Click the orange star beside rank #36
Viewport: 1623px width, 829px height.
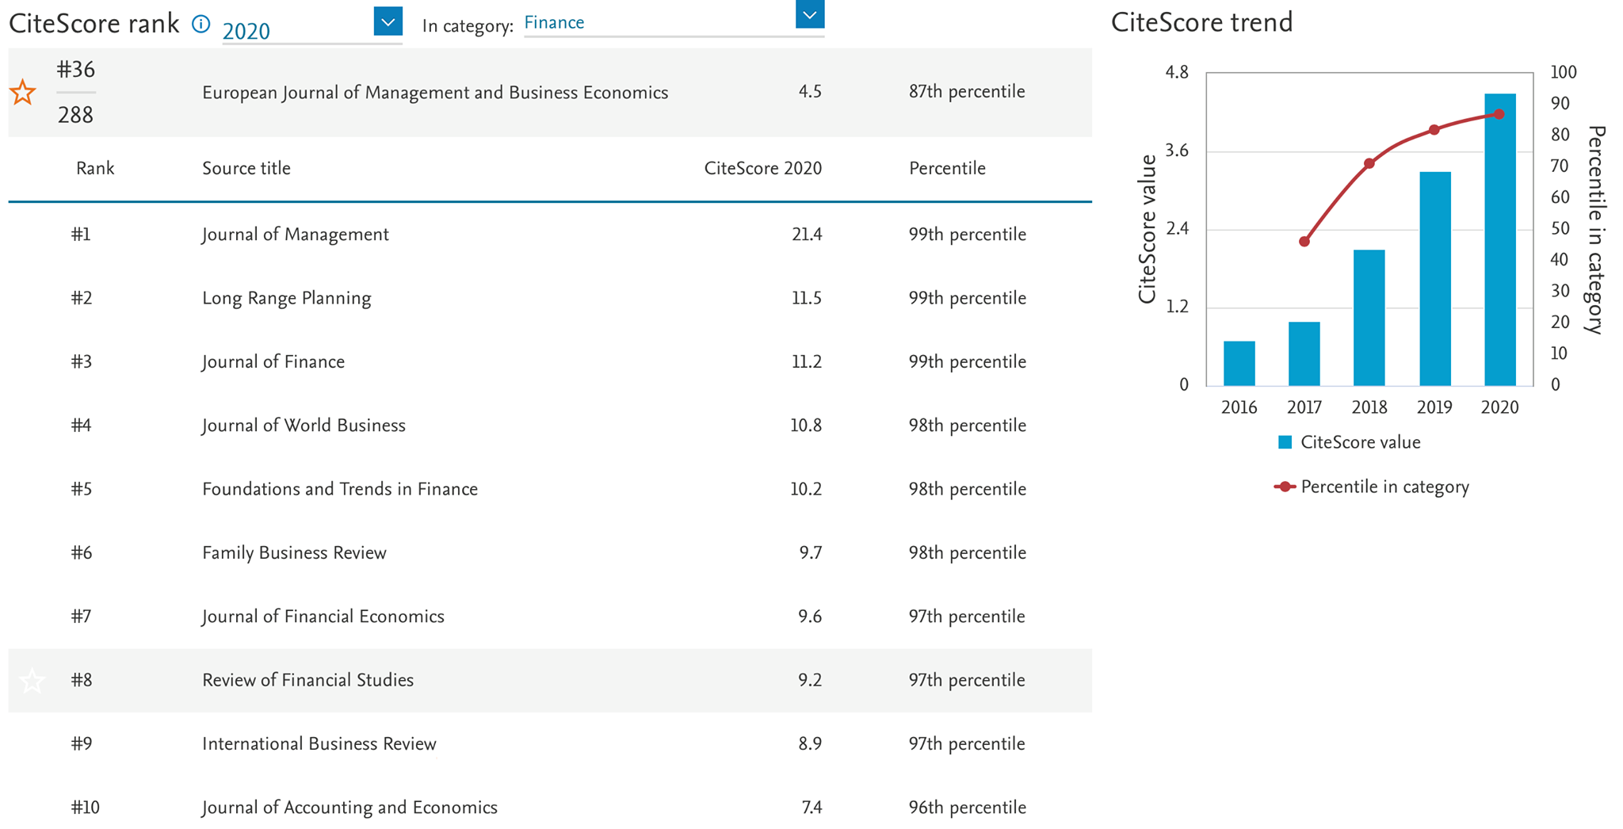tap(23, 92)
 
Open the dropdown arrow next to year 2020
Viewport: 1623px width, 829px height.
tap(388, 21)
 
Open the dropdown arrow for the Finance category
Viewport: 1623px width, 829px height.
tap(809, 14)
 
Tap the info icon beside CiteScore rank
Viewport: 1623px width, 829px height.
tap(201, 25)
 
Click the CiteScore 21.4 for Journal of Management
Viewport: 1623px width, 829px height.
tap(807, 235)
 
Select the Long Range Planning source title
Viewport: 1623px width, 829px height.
tap(286, 299)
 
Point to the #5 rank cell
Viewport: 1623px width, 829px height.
tap(81, 489)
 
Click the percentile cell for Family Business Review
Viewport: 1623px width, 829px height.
tap(967, 552)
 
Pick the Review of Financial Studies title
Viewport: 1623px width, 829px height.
tap(307, 680)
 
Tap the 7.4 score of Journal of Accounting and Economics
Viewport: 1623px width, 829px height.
tap(811, 808)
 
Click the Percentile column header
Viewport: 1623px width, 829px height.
tap(947, 168)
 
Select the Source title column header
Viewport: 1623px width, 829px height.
tap(246, 168)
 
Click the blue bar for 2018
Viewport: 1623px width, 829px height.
tap(1369, 318)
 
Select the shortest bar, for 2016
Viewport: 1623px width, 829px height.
tap(1239, 364)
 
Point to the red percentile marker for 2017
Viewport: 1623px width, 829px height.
tap(1304, 242)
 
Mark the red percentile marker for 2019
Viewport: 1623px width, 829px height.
tap(1434, 130)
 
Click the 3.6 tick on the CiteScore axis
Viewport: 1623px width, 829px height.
tap(1177, 151)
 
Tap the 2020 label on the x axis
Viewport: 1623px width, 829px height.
tap(1499, 407)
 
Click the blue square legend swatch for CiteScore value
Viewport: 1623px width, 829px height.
tap(1285, 442)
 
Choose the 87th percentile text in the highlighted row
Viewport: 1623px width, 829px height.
tap(967, 92)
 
